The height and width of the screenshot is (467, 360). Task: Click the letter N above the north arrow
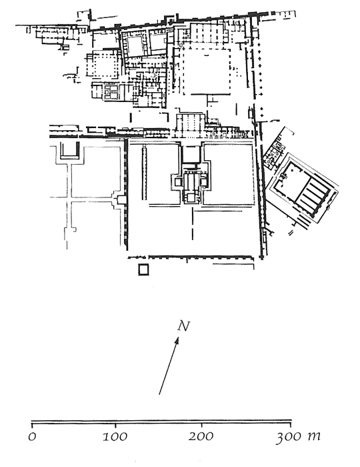tap(183, 326)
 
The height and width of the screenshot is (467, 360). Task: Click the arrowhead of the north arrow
tap(177, 340)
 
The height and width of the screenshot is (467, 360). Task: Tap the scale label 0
tap(32, 436)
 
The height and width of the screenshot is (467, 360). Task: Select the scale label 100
tap(115, 436)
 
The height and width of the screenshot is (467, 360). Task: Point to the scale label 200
tap(201, 436)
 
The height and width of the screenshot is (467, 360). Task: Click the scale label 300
tap(289, 437)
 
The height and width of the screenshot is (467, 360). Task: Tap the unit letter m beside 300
tap(313, 436)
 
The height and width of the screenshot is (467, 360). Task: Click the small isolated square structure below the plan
tap(143, 270)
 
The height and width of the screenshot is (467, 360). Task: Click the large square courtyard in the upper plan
tap(207, 72)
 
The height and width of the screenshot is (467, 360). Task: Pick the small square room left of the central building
tap(178, 181)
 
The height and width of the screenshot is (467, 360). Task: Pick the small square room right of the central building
tap(204, 181)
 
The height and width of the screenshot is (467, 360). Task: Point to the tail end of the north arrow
tap(159, 395)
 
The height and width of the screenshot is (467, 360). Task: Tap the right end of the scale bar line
tap(291, 421)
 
